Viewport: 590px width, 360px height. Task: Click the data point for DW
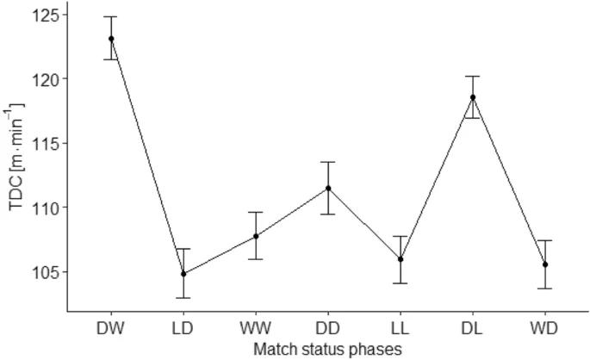tap(111, 39)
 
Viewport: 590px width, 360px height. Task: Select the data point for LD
tap(183, 274)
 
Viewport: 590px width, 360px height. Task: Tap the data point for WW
tap(256, 236)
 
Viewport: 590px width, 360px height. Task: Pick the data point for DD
tap(328, 189)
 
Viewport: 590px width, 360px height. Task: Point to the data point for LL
tap(401, 259)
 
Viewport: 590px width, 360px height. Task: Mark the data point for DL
tap(473, 97)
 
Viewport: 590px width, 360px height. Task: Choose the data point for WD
tap(545, 264)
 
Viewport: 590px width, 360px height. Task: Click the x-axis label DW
tap(111, 328)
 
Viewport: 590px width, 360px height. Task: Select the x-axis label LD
tap(183, 328)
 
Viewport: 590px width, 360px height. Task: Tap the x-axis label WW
tap(256, 328)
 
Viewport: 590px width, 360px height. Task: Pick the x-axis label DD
tap(328, 328)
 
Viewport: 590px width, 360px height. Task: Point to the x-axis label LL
tap(401, 328)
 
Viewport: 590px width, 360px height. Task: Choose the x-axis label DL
tap(473, 328)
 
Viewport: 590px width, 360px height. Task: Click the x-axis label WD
tap(545, 328)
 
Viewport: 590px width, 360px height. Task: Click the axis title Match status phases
tap(328, 349)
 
